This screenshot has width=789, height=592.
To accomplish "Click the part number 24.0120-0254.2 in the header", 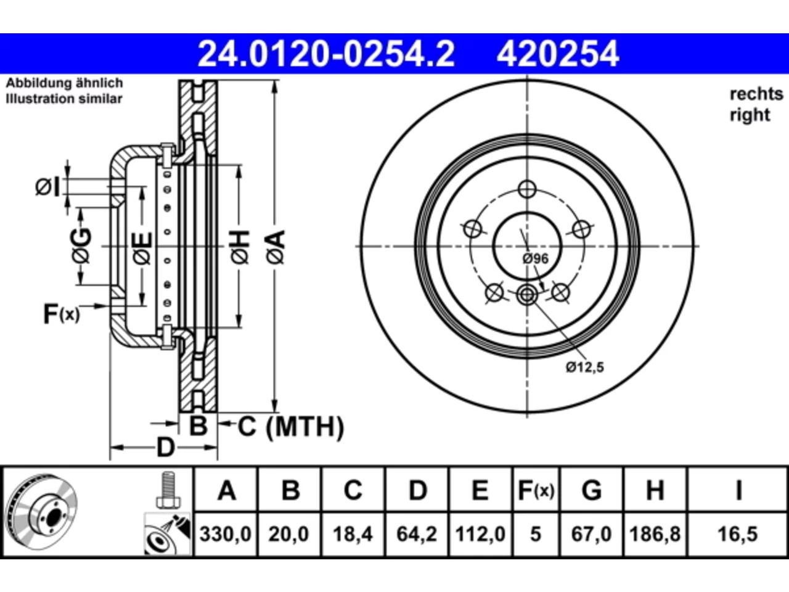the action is pos(326,54).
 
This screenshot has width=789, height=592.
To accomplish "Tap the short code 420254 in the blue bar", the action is pos(558,54).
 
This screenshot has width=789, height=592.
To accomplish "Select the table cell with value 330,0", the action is pos(226,534).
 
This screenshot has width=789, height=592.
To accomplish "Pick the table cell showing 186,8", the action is pos(655,534).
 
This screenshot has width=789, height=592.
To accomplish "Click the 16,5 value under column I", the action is pos(737,534).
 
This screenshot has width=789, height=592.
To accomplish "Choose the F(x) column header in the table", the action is pos(536,490).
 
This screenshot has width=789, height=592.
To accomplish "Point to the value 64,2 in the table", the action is pos(417,534).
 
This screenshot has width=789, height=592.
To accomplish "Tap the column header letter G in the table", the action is pos(592,490).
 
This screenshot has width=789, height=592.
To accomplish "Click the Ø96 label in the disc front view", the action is pos(535,258).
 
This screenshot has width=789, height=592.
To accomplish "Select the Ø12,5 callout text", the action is pos(585,368).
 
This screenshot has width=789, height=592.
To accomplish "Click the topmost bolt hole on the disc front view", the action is pos(527,189).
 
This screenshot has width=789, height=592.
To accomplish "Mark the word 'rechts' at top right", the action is pos(756,94).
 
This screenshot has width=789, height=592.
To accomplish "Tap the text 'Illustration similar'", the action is pos(64,99).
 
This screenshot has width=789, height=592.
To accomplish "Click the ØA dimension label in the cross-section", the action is pos(276,247).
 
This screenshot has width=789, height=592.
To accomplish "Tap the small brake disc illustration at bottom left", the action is pos(43,512).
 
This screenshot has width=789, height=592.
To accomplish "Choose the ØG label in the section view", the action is pos(81,245).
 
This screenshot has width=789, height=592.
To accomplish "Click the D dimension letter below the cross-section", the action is pos(166,448).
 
